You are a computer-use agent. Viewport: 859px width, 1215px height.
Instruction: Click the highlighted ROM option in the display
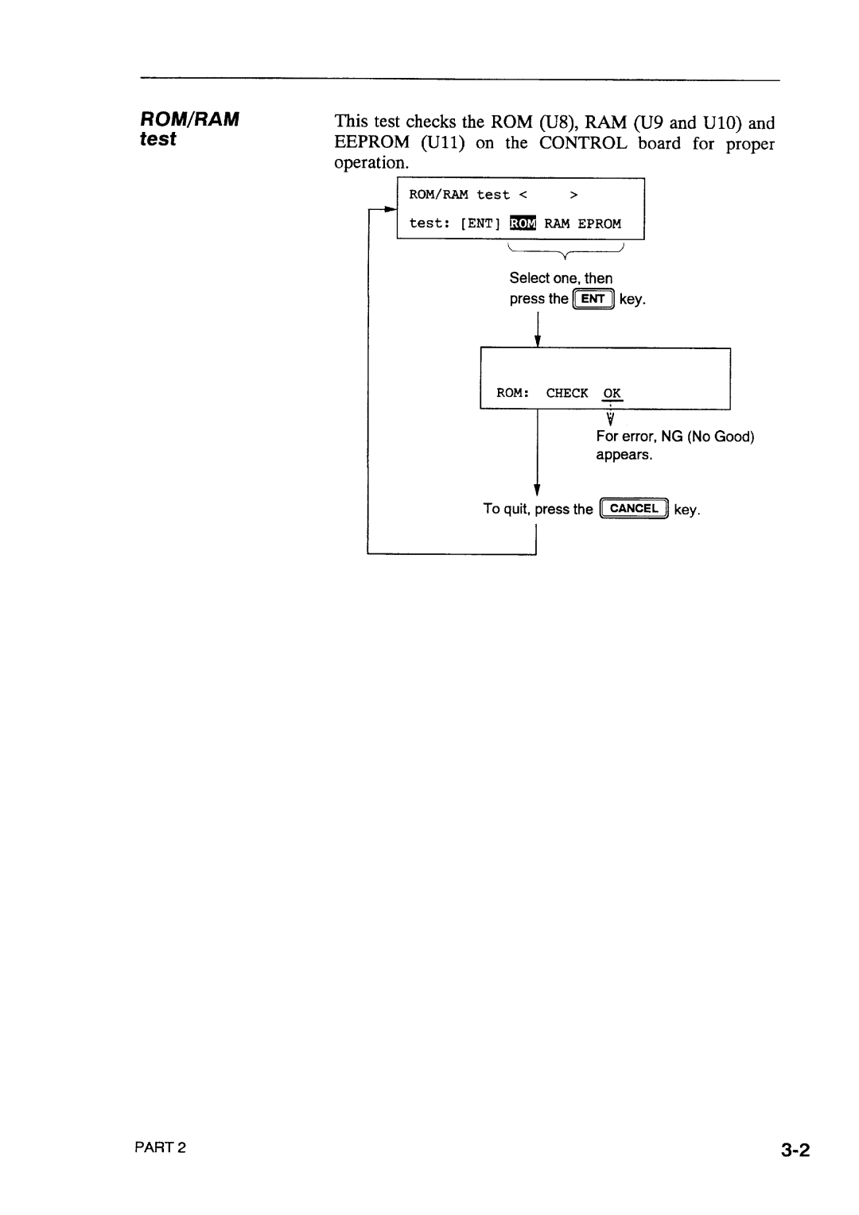(x=523, y=223)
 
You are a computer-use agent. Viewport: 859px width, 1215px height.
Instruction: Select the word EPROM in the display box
(x=599, y=223)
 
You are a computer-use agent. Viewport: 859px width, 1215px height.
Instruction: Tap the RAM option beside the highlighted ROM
(x=557, y=223)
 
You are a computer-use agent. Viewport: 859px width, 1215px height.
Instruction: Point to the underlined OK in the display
(x=612, y=393)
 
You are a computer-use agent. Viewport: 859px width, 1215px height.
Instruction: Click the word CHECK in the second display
(x=566, y=393)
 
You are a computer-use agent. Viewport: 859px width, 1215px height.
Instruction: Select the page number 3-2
(x=795, y=1149)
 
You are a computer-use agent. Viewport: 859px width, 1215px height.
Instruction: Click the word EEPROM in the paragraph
(x=371, y=143)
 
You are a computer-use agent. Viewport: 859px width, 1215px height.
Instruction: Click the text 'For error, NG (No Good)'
(x=674, y=436)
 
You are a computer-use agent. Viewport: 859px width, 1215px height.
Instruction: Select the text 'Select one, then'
(x=561, y=278)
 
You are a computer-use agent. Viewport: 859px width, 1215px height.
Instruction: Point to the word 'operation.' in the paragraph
(x=371, y=162)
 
